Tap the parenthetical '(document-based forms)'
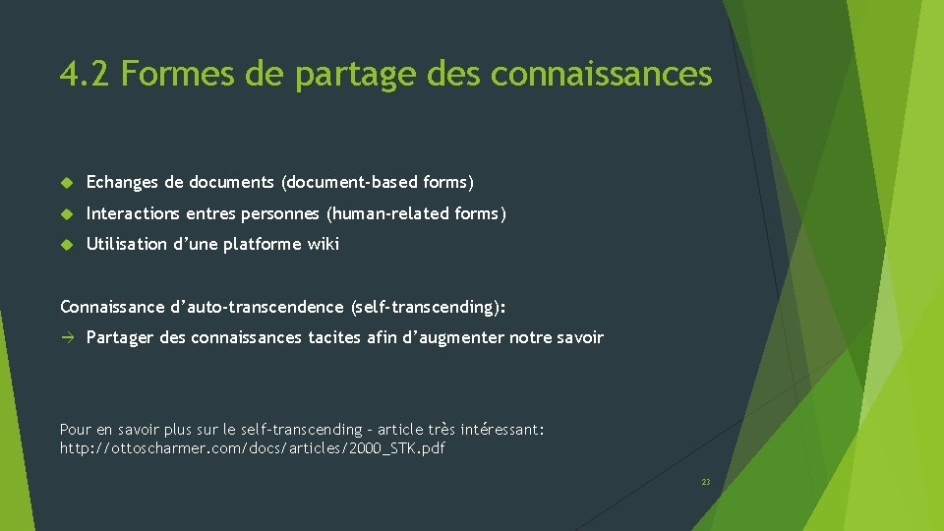[x=378, y=182]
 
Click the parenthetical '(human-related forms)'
[x=417, y=213]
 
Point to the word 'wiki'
[x=323, y=244]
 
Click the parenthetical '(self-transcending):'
[x=428, y=307]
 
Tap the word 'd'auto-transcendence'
[x=258, y=307]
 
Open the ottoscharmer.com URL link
[x=253, y=448]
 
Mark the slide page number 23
[x=706, y=482]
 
